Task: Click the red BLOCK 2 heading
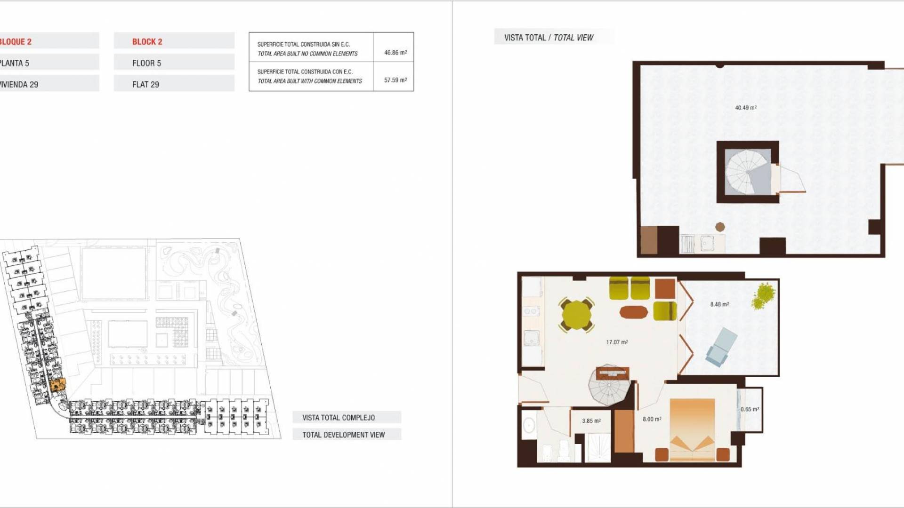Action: (x=147, y=42)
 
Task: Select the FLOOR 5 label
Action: (x=146, y=63)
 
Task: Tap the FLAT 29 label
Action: (x=145, y=85)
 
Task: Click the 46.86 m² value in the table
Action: (x=395, y=53)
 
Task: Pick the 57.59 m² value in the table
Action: (x=395, y=80)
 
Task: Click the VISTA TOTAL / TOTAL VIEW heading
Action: (x=549, y=38)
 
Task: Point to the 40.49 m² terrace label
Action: (x=746, y=108)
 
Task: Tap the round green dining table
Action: (x=576, y=315)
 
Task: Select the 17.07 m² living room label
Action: (x=617, y=342)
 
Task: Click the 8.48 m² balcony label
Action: (x=719, y=304)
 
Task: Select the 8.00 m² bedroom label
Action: (x=652, y=419)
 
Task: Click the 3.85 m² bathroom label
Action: (x=591, y=421)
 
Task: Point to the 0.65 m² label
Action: (x=750, y=409)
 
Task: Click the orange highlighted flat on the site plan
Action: (x=57, y=385)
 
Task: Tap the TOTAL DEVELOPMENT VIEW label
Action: (x=344, y=435)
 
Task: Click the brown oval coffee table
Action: (x=634, y=312)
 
